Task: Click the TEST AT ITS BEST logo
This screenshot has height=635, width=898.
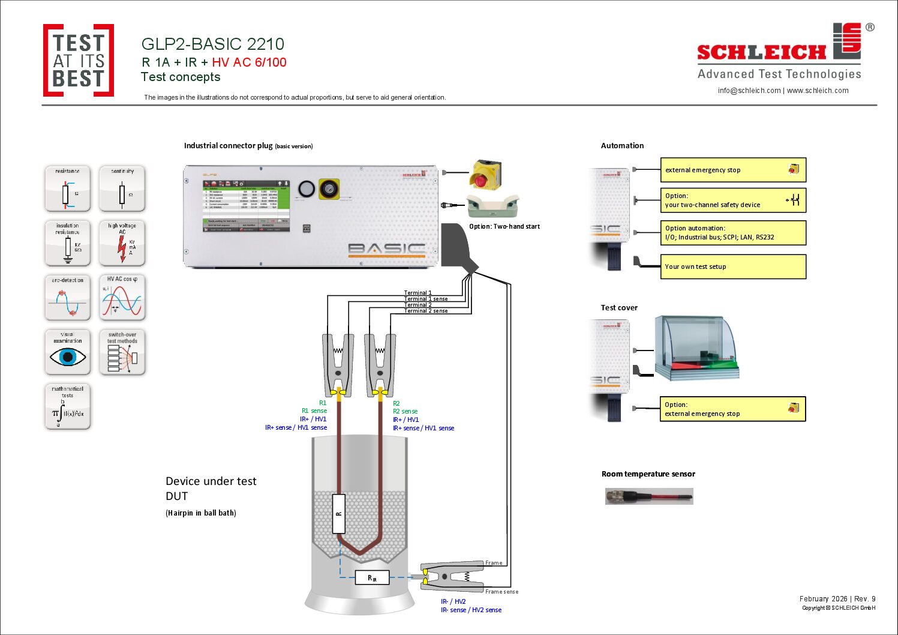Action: (79, 61)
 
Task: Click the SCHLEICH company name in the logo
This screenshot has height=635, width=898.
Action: (761, 53)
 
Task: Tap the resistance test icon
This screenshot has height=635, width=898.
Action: (68, 188)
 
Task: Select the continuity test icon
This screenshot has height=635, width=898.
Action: (122, 188)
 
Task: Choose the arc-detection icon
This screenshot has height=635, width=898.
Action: (68, 298)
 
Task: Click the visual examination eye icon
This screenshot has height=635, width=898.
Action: (68, 352)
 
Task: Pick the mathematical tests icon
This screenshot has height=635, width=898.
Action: (68, 407)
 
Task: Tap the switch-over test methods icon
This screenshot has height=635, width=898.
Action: (122, 352)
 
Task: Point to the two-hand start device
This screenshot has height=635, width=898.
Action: (492, 206)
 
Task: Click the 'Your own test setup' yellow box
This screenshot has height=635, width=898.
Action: (732, 266)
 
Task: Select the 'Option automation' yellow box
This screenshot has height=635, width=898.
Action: (732, 233)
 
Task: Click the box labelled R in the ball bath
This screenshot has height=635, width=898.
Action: (339, 514)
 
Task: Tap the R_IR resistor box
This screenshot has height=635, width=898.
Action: (372, 578)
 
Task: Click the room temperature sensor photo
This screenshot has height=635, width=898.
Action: (649, 496)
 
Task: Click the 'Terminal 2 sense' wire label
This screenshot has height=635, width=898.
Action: (425, 311)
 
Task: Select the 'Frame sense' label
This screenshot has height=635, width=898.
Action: (501, 592)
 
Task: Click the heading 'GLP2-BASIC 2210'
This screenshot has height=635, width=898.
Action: (212, 44)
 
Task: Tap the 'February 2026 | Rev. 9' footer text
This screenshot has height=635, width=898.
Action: (837, 599)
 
